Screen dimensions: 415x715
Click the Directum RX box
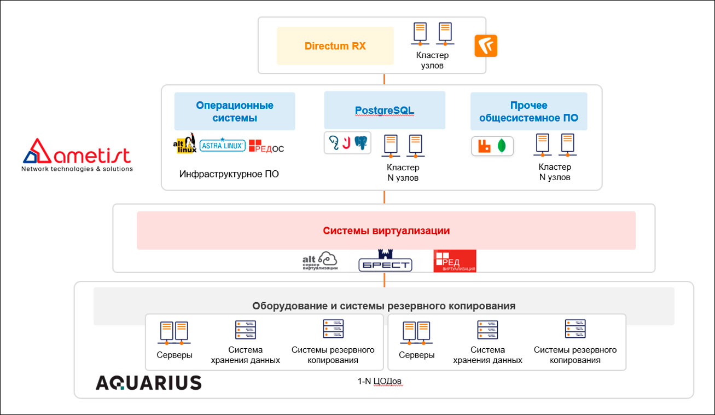pyautogui.click(x=335, y=46)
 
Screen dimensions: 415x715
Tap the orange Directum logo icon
pyautogui.click(x=486, y=46)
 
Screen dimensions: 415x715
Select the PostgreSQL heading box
pyautogui.click(x=385, y=110)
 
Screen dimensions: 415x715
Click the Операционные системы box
pyautogui.click(x=235, y=111)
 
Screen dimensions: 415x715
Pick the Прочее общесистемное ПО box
pyautogui.click(x=528, y=111)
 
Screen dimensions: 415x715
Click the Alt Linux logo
pyautogui.click(x=184, y=143)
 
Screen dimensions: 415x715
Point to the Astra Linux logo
pyautogui.click(x=223, y=145)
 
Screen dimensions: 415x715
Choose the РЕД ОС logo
pyautogui.click(x=266, y=146)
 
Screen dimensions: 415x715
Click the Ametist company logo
pyautogui.click(x=77, y=155)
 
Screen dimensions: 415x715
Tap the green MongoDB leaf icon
pyautogui.click(x=502, y=146)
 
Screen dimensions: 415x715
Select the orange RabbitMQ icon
pyautogui.click(x=484, y=146)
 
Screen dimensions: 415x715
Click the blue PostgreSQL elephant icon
pyautogui.click(x=361, y=143)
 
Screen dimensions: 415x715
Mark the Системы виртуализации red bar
pyautogui.click(x=386, y=230)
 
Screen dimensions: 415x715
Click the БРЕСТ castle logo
pyautogui.click(x=385, y=261)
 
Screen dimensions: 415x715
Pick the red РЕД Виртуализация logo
pyautogui.click(x=454, y=261)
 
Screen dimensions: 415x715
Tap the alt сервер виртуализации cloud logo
pyautogui.click(x=320, y=261)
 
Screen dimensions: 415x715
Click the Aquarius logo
pyautogui.click(x=148, y=382)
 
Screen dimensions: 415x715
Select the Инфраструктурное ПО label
pyautogui.click(x=229, y=174)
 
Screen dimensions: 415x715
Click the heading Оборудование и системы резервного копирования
pyautogui.click(x=383, y=306)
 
